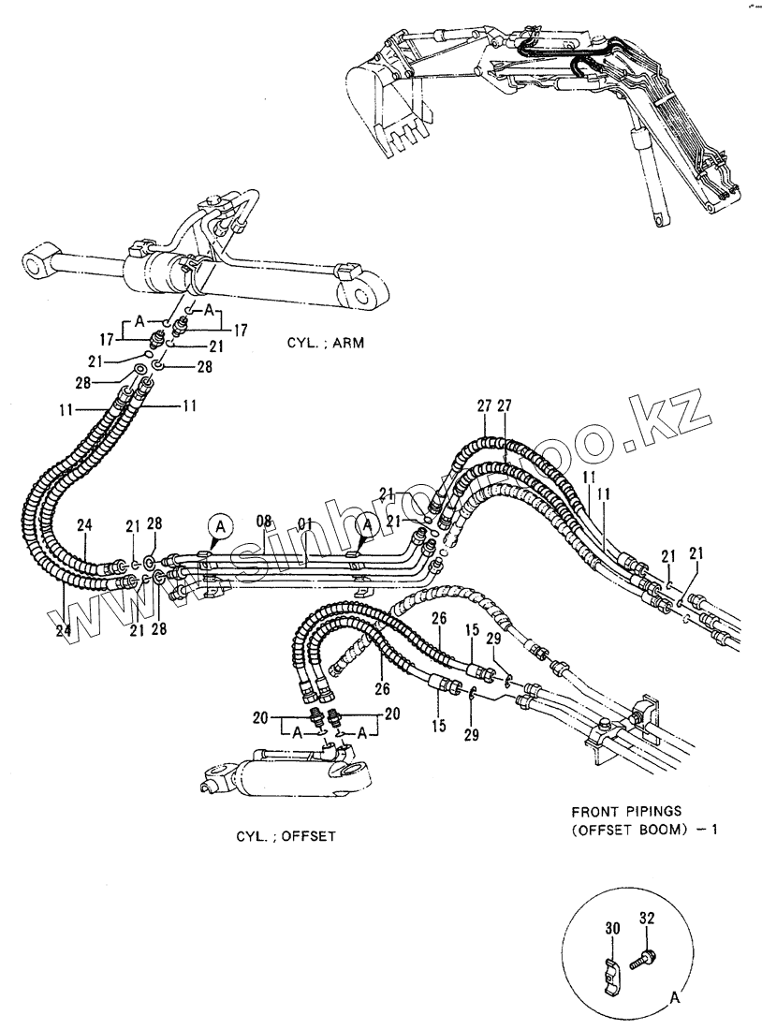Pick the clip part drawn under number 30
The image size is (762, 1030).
[x=610, y=970]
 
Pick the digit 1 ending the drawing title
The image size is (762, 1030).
[x=713, y=829]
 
